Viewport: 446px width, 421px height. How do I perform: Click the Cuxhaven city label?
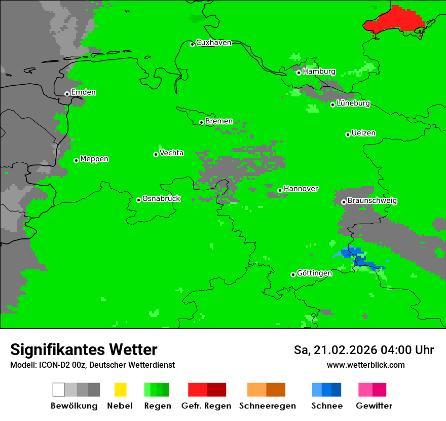tap(213, 43)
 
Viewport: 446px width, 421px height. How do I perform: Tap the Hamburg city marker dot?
tap(299, 73)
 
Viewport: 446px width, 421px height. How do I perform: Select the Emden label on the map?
tap(83, 92)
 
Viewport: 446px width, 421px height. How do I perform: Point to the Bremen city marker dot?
tap(201, 122)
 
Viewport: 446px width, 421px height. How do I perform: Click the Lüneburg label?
tap(353, 103)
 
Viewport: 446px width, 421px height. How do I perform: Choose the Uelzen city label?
tap(363, 133)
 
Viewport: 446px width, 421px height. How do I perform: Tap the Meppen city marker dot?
tap(76, 160)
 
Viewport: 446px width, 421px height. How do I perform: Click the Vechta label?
tap(171, 153)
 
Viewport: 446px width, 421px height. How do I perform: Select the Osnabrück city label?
tap(161, 198)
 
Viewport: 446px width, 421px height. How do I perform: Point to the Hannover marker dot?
tap(280, 190)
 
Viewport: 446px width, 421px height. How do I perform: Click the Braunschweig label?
tap(372, 200)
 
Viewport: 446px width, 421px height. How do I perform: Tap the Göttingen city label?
tap(314, 273)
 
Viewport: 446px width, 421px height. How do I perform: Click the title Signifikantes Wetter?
tap(84, 349)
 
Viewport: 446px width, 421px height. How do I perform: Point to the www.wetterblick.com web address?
tap(365, 365)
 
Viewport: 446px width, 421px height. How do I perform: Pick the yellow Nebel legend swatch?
tap(120, 390)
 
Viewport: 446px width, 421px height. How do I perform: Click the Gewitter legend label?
tap(374, 406)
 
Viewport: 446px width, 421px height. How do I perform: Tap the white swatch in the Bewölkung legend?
tap(59, 390)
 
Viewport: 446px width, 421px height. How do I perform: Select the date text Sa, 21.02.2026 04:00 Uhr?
tap(363, 350)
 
